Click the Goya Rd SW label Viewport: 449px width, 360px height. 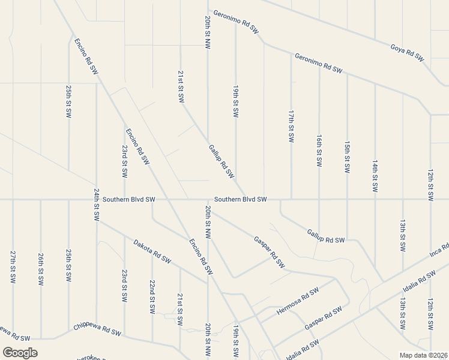[x=408, y=52]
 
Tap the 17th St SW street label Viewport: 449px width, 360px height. [x=291, y=125]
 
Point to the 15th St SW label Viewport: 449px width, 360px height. [x=347, y=157]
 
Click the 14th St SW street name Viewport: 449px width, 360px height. [x=375, y=176]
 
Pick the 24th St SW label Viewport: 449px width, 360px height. [x=96, y=205]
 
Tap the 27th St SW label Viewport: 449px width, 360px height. [x=13, y=266]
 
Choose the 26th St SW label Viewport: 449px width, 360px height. [x=40, y=266]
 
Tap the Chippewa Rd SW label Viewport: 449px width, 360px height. [x=97, y=329]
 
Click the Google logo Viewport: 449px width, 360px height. [x=20, y=353]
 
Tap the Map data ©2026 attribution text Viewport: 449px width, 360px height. [x=423, y=355]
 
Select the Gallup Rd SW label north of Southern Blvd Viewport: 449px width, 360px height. [x=221, y=161]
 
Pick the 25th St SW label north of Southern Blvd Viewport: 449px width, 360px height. [x=69, y=101]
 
